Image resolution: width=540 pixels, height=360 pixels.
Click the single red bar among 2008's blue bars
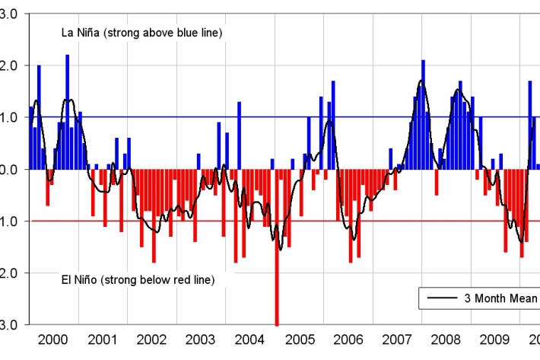point(437,182)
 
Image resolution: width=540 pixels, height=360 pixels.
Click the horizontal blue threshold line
point(190,116)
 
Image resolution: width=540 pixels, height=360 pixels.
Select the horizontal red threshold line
point(190,221)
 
